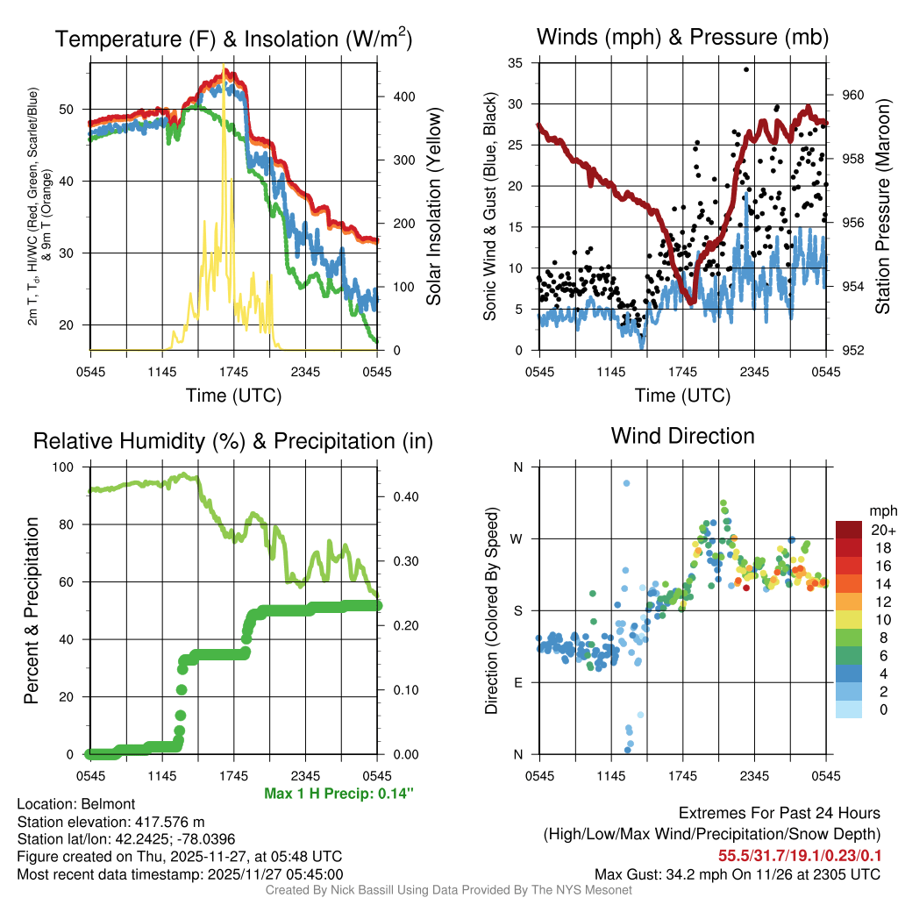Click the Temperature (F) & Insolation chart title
pos(233,39)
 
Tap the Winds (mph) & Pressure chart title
pos(682,37)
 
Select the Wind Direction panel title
pos(682,436)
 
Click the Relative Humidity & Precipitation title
pos(232,441)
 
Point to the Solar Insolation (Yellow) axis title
pos(433,207)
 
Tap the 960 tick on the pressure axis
pos(853,96)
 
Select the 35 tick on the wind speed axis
pos(516,62)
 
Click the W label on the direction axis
pos(517,538)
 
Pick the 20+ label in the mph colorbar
pos(880,530)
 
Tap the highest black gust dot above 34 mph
pos(746,68)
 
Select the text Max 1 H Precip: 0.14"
pos(339,794)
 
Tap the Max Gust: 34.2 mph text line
pos(737,873)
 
